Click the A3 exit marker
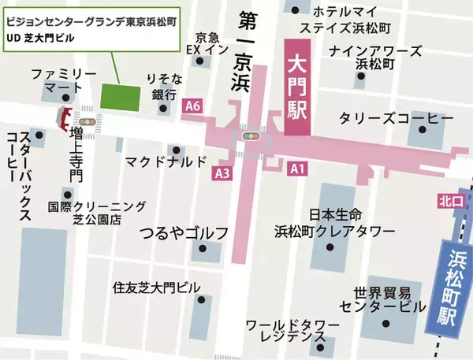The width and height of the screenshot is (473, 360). point(222,172)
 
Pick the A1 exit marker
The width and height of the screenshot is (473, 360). point(296,168)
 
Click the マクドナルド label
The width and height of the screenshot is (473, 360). point(166,162)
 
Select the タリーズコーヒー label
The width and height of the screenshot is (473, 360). point(395,117)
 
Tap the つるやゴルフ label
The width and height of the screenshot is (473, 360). point(183,232)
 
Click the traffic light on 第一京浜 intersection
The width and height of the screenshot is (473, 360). point(251,136)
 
